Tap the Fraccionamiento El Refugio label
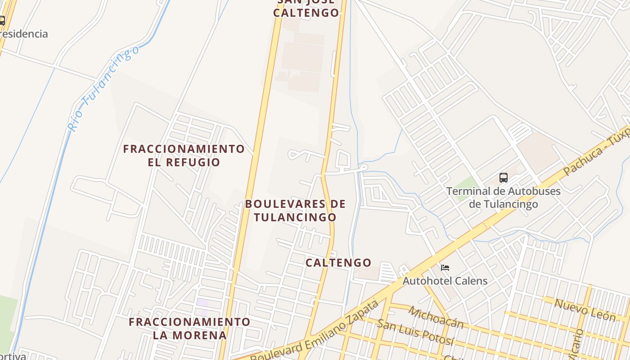[x=184, y=155]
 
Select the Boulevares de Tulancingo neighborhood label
[x=295, y=211]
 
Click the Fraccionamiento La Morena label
[x=189, y=328]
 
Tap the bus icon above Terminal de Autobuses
[x=504, y=178]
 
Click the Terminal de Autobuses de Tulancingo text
[x=504, y=198]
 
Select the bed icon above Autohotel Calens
[x=445, y=268]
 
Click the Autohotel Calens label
[x=445, y=281]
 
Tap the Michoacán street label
[x=436, y=317]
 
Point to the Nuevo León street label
[x=585, y=310]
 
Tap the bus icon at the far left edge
[x=2, y=20]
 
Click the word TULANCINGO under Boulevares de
[x=295, y=217]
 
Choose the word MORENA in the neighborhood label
[x=206, y=335]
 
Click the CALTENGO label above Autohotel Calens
[x=338, y=263]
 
